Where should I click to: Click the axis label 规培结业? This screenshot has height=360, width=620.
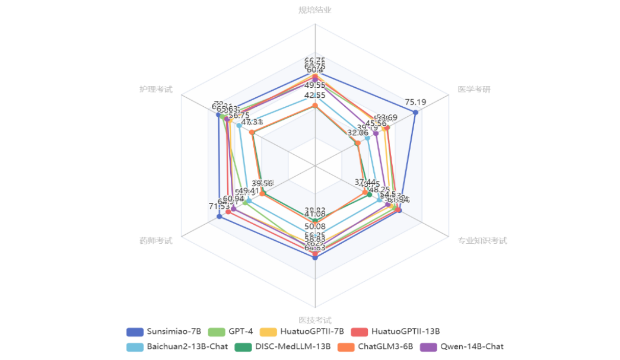coord(314,10)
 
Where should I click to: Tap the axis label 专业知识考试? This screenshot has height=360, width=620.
coord(482,241)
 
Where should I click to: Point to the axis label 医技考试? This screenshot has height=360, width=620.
coord(314,320)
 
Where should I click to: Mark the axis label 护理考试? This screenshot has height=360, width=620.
coord(155,90)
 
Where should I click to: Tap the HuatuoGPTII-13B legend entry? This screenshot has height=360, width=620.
coord(405,331)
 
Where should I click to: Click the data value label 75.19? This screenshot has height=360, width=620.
coord(415,101)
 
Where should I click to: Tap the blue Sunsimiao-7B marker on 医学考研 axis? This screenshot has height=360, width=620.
coord(415,112)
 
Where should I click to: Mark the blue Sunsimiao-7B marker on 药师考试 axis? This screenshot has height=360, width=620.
coord(219,216)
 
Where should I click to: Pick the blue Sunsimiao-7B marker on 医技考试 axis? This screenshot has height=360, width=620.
coord(315,257)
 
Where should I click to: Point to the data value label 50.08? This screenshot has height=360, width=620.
coord(314,226)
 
